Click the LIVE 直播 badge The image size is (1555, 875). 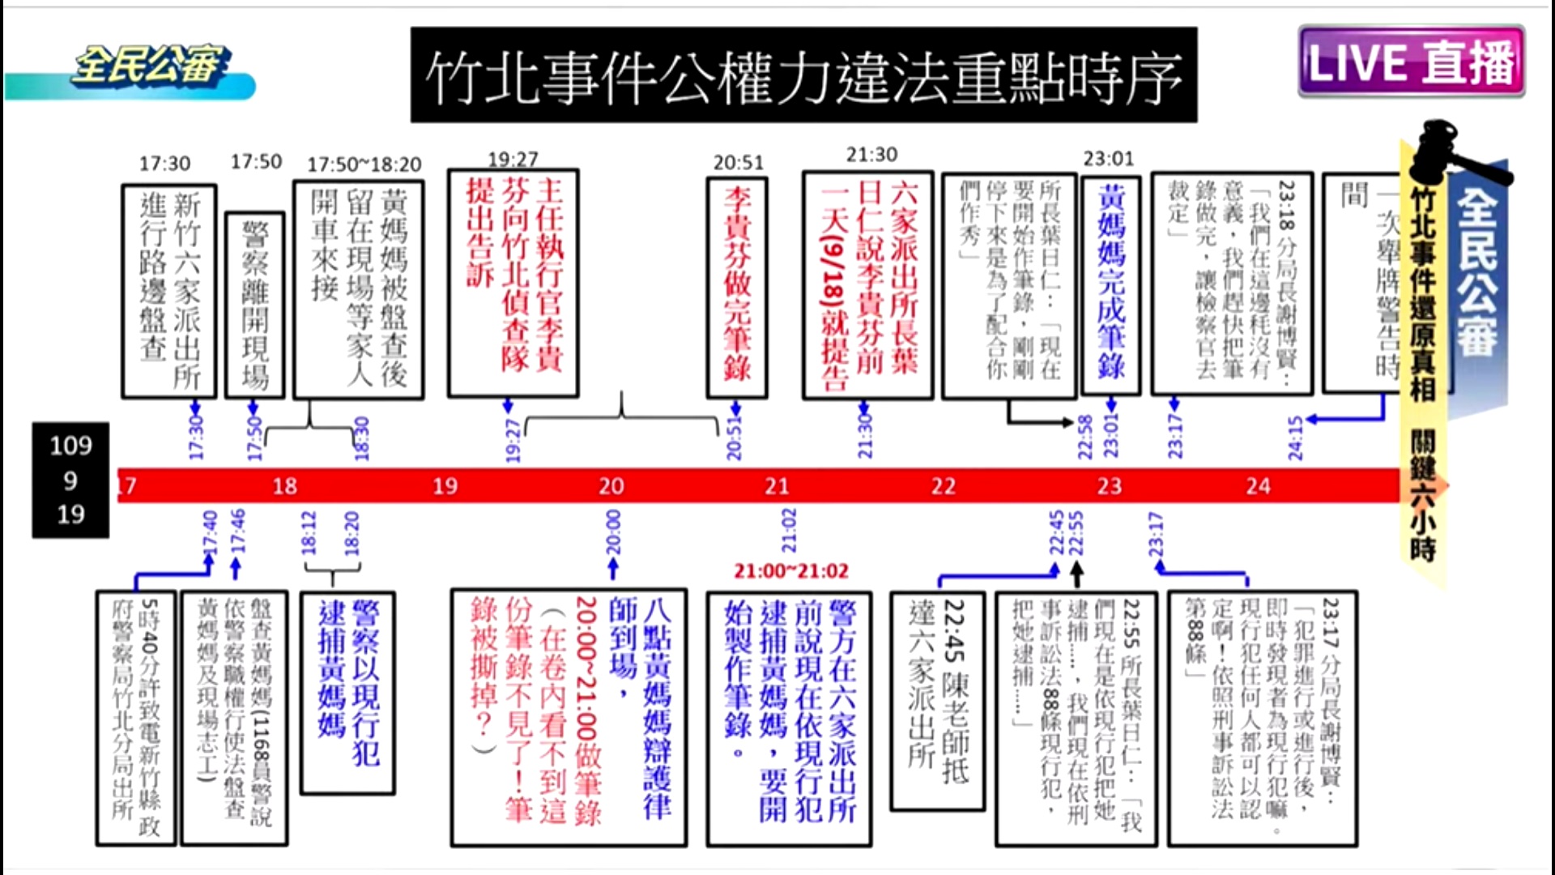point(1411,62)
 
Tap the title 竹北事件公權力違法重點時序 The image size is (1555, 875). point(803,76)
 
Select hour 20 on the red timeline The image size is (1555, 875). point(611,486)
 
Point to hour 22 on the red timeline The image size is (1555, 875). point(943,486)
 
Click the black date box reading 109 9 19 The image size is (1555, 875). point(70,480)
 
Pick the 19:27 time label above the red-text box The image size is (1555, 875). point(513,159)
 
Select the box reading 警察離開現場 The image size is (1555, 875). point(255,305)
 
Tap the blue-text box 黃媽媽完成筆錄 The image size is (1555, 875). point(1111,285)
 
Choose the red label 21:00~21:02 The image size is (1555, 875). point(791,571)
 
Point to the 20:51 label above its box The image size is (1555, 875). point(738,163)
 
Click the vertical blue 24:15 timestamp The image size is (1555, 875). point(1295,438)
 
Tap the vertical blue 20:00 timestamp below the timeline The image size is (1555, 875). point(613,532)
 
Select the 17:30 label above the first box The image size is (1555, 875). point(164,164)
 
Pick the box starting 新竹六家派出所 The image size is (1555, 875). point(169,291)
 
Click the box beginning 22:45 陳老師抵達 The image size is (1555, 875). point(938,701)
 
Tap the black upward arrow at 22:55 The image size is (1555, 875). point(1076,573)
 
